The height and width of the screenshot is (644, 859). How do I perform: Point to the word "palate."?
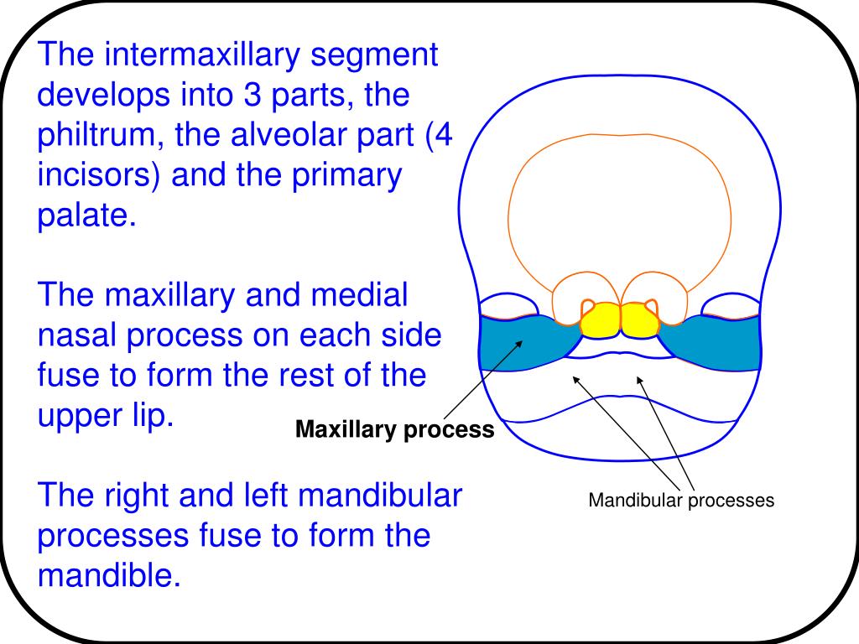pyautogui.click(x=86, y=216)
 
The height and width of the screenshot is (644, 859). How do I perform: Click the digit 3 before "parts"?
pyautogui.click(x=252, y=96)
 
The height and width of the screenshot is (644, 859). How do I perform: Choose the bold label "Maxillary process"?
pyautogui.click(x=395, y=431)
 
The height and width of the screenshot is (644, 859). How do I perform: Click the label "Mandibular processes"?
pyautogui.click(x=680, y=501)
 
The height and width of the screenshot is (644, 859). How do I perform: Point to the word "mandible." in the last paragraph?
pyautogui.click(x=109, y=575)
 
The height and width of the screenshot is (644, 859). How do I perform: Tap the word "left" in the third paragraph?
pyautogui.click(x=263, y=496)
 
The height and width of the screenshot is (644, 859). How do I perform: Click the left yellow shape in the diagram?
pyautogui.click(x=601, y=319)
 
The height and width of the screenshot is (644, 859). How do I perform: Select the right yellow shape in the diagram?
pyautogui.click(x=640, y=319)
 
